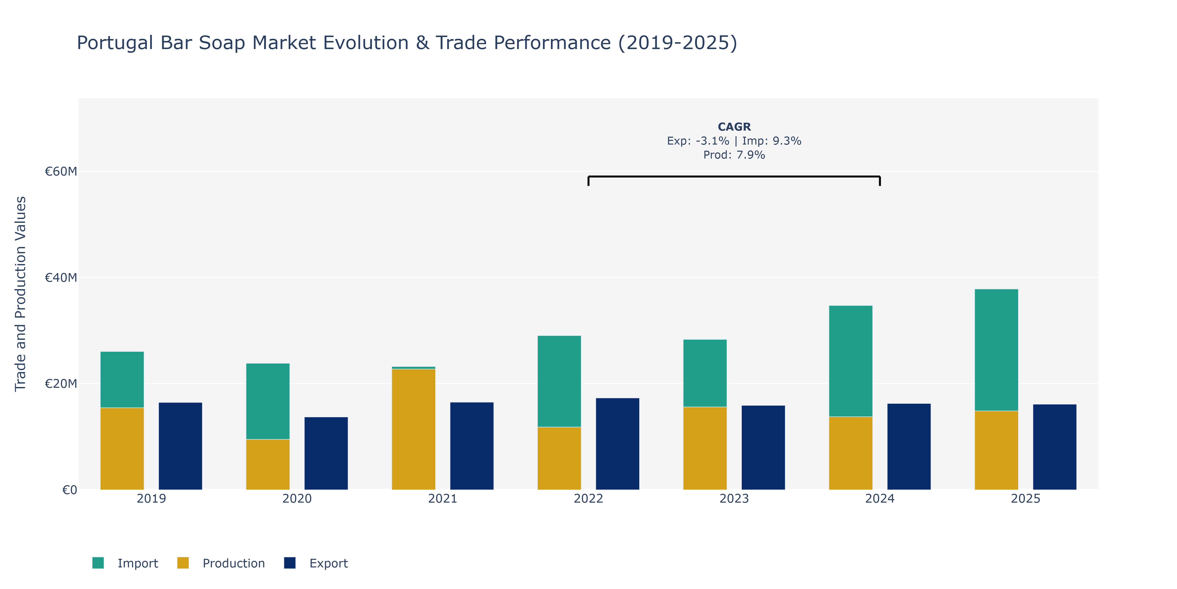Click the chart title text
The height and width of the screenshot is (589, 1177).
tap(407, 43)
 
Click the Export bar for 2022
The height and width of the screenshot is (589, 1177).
tap(617, 443)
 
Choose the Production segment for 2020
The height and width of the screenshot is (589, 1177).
tap(268, 465)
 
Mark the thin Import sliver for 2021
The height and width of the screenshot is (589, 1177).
tap(413, 368)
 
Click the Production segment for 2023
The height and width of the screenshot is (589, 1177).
tap(705, 448)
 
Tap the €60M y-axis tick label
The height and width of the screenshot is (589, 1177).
tap(61, 172)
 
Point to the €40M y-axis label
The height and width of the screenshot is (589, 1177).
tap(61, 278)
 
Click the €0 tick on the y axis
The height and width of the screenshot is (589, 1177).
tap(69, 490)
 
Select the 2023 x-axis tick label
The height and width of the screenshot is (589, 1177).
tap(734, 498)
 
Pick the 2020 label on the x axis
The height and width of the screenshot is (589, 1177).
tap(297, 498)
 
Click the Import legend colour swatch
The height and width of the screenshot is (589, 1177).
tap(98, 563)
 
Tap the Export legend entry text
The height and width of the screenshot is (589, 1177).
tap(329, 563)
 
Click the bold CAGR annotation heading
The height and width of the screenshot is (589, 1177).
tap(734, 127)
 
